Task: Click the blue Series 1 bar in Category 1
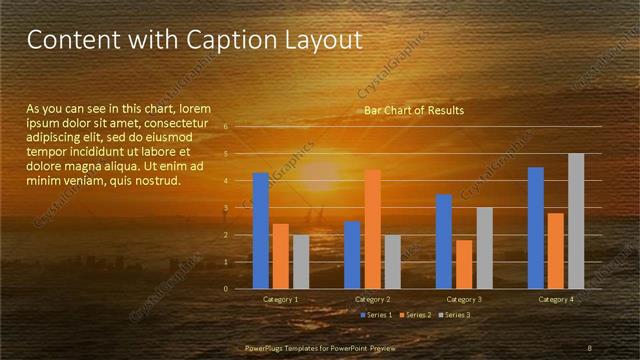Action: point(261,231)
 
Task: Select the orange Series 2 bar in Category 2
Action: point(372,229)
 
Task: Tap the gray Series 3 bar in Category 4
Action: point(576,221)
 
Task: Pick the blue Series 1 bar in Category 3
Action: point(444,241)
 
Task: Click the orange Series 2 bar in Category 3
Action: point(464,264)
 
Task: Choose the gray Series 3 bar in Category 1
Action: point(301,262)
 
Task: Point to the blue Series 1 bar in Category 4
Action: point(536,228)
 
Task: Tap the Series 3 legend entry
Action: point(457,315)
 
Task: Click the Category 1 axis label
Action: point(281,300)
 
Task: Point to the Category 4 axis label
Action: point(556,300)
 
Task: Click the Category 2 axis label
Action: point(372,300)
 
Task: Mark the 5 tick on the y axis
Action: point(225,154)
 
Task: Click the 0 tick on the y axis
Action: point(225,289)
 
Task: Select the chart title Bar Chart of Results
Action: point(413,110)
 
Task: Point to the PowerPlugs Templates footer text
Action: point(319,348)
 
